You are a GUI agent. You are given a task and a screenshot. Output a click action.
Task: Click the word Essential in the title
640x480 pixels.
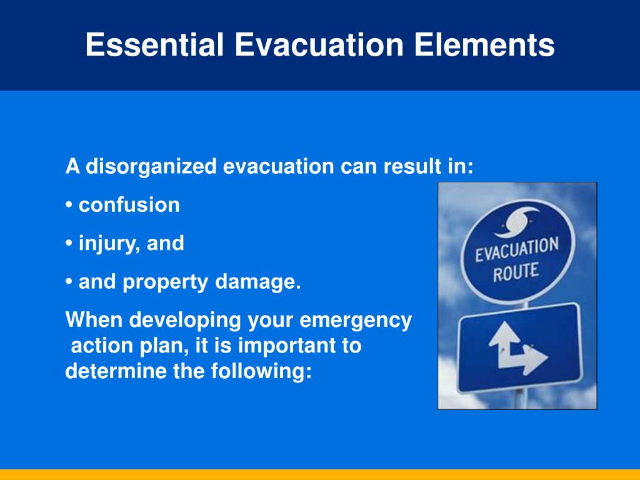pos(154,45)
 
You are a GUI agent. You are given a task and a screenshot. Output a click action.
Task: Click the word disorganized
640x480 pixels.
pos(151,167)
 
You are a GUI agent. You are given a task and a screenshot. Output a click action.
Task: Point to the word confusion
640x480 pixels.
pos(129,205)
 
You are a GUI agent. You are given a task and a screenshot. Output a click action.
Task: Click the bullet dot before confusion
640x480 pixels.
pos(69,206)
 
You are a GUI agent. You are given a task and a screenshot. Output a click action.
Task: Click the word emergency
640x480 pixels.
pos(356,321)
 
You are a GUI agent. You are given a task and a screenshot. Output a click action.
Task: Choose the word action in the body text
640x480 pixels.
pos(100,346)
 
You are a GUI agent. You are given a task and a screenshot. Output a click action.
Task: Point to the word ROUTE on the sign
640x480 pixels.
pos(516,272)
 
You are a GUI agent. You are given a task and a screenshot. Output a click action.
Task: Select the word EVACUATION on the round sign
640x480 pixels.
pos(516,251)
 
